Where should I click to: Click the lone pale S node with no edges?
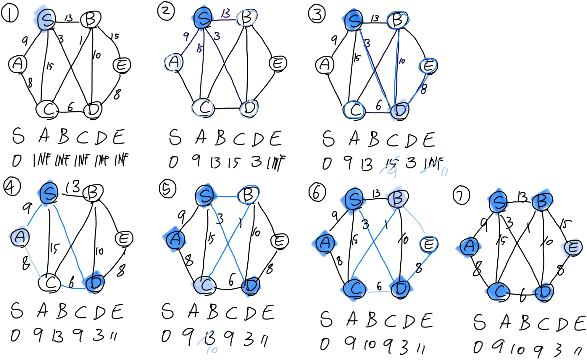point(44,19)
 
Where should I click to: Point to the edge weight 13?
point(225,13)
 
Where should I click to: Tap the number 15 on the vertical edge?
point(200,49)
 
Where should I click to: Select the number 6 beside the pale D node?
point(378,105)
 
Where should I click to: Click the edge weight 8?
point(424,89)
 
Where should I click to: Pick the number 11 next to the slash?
point(444,171)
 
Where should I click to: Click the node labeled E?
point(572,248)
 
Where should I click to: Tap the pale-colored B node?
point(396,198)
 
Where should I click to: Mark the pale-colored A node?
point(20,236)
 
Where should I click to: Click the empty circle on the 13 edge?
point(246,18)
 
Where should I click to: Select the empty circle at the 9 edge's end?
point(172,62)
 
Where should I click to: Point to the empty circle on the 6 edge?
point(354,109)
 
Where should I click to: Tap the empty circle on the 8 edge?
point(428,65)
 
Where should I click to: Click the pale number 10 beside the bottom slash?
point(212,350)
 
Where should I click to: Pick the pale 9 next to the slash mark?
point(392,172)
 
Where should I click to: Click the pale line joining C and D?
point(379,292)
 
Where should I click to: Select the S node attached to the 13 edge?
point(203,18)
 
